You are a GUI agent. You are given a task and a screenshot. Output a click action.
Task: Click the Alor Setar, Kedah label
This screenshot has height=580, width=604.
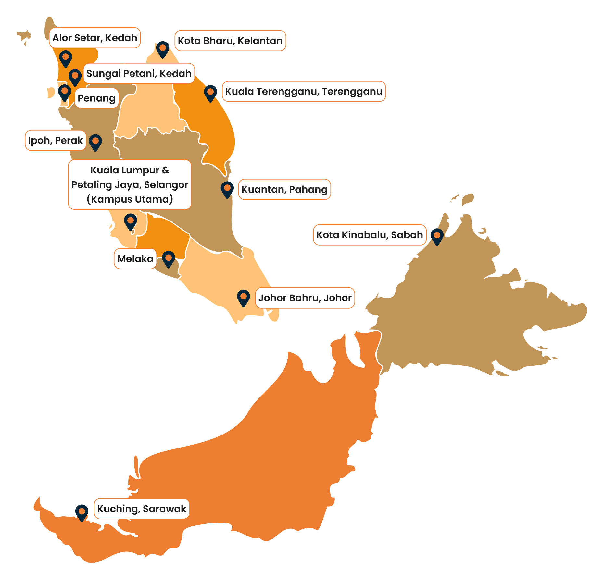(x=94, y=38)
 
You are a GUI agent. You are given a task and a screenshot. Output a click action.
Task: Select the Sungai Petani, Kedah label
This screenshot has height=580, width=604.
(x=139, y=73)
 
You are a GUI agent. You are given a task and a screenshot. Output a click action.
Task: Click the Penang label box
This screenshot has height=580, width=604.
(x=96, y=98)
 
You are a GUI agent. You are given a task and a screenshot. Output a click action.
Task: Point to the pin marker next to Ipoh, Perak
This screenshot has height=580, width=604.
(x=95, y=142)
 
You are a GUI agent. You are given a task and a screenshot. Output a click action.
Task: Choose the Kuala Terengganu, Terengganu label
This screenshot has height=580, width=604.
(x=304, y=91)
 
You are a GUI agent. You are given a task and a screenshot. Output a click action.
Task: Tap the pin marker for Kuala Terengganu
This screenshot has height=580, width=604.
(x=210, y=93)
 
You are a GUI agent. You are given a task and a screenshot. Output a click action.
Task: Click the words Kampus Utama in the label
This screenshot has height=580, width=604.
(x=130, y=199)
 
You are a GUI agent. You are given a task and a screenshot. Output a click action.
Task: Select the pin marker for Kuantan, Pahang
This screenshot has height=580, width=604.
(x=227, y=189)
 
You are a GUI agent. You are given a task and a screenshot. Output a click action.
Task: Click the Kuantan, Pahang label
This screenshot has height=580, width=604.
(x=284, y=189)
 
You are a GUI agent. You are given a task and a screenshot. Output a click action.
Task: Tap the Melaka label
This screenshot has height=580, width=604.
(x=135, y=259)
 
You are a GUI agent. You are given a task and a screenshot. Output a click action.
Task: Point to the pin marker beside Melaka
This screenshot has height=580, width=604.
(x=169, y=258)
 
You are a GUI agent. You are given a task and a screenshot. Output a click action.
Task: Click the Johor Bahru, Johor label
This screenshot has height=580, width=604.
(x=305, y=298)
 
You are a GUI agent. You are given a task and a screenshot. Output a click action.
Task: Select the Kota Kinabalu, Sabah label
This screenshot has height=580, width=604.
(x=370, y=235)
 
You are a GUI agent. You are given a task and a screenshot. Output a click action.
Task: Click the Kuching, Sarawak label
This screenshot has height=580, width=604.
(x=142, y=509)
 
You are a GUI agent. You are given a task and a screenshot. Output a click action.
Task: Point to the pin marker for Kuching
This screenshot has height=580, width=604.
(x=82, y=512)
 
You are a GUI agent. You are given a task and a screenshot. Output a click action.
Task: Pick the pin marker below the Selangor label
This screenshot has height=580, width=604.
(x=131, y=221)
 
